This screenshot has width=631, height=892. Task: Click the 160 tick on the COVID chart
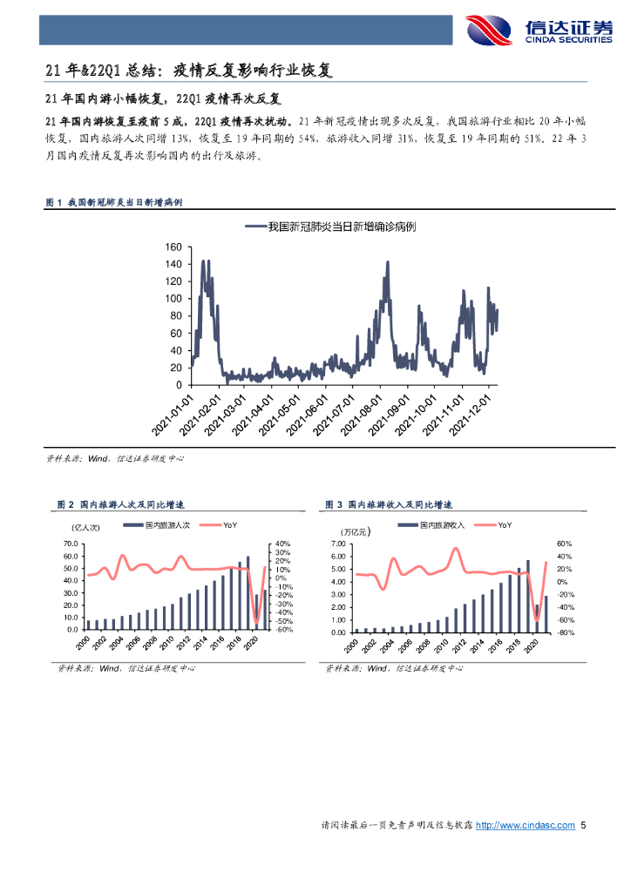pos(173,247)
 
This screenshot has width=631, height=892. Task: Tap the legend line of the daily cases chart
pos(255,226)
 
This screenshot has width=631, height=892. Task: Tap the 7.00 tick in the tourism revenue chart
pos(339,544)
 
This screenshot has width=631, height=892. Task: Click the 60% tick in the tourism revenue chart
pos(563,544)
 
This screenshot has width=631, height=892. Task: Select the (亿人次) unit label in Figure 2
pos(87,527)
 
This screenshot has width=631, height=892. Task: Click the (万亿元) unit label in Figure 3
pos(354,530)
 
